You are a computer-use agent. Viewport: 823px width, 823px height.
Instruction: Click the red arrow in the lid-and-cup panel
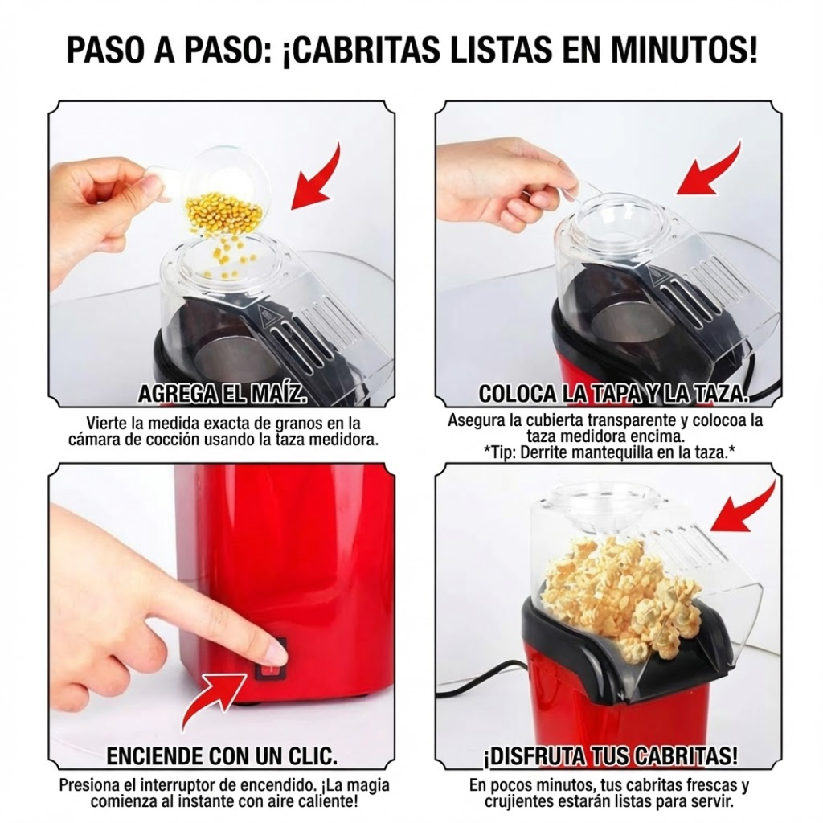click(x=709, y=170)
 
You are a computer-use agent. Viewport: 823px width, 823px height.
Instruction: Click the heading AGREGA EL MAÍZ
click(x=223, y=394)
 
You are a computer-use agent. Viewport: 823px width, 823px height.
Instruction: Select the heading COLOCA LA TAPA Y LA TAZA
click(x=613, y=394)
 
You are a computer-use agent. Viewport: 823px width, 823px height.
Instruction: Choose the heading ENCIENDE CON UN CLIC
click(x=222, y=756)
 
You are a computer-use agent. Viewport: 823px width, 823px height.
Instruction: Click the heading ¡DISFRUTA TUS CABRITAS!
click(x=610, y=756)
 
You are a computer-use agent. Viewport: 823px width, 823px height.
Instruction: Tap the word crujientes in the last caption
click(x=520, y=801)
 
